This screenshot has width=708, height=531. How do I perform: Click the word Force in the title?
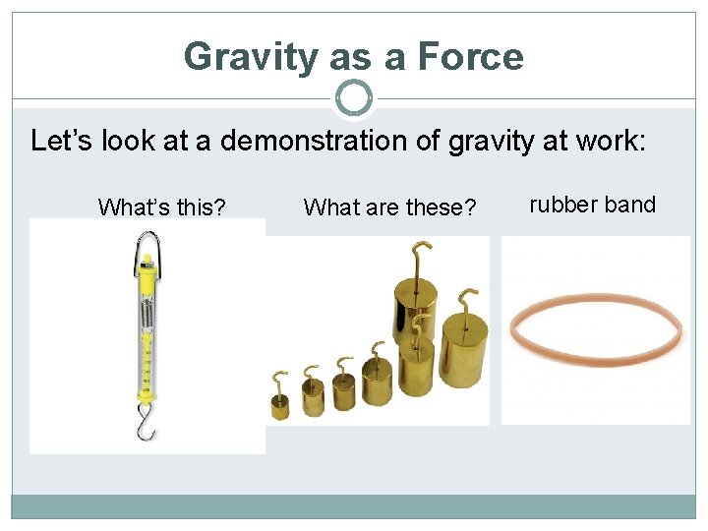click(470, 57)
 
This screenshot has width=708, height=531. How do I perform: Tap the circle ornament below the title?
click(354, 98)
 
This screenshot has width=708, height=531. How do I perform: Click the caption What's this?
click(162, 207)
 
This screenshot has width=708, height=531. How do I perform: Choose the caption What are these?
click(389, 207)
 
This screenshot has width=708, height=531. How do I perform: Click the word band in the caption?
click(628, 205)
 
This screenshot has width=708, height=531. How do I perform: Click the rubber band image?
click(596, 328)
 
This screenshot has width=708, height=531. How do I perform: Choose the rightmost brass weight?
click(462, 349)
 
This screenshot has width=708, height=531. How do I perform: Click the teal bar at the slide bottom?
click(354, 506)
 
